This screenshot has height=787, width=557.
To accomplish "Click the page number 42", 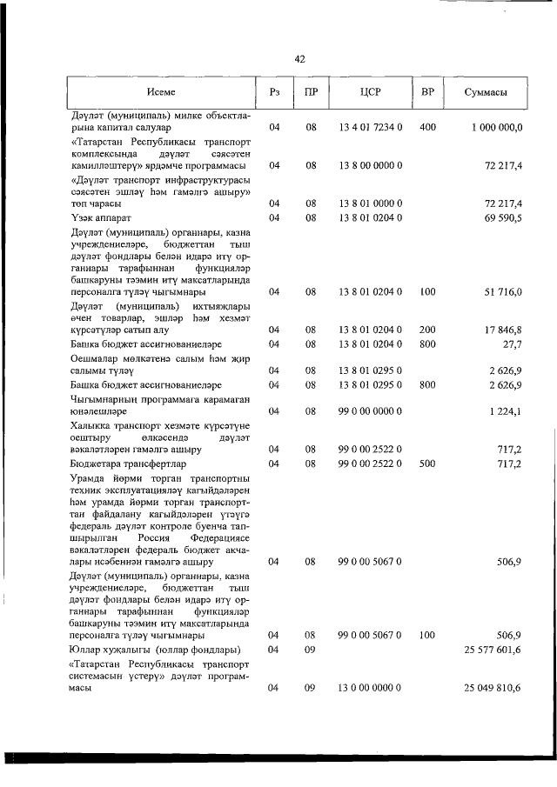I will coord(299,59).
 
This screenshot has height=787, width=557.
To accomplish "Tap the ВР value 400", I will coord(427,128).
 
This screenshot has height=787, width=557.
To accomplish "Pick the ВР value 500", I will coord(427,464).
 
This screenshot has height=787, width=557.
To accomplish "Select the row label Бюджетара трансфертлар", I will coord(127,464).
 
